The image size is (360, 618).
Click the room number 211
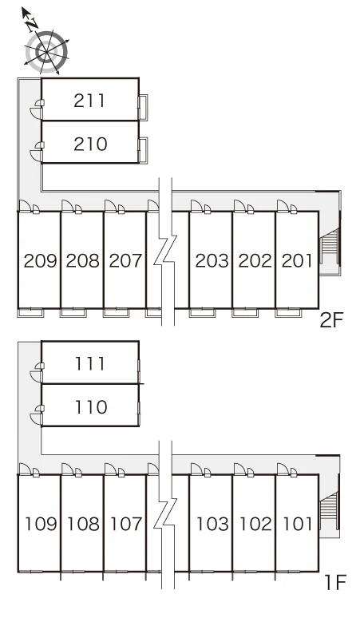pyautogui.click(x=90, y=101)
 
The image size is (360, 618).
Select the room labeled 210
pyautogui.click(x=90, y=144)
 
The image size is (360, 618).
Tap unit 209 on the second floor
pyautogui.click(x=40, y=260)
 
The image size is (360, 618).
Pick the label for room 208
pyautogui.click(x=83, y=260)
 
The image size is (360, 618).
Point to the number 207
pyautogui.click(x=125, y=260)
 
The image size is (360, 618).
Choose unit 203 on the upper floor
pyautogui.click(x=212, y=260)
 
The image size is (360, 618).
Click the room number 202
pyautogui.click(x=255, y=260)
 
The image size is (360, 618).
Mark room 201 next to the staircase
pyautogui.click(x=297, y=260)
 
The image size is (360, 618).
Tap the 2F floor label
pyautogui.click(x=332, y=320)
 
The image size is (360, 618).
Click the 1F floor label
pyautogui.click(x=334, y=583)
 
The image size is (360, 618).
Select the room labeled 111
pyautogui.click(x=90, y=363)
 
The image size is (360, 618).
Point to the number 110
pyautogui.click(x=91, y=406)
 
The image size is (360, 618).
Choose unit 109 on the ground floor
pyautogui.click(x=41, y=524)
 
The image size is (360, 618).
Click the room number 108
pyautogui.click(x=84, y=524)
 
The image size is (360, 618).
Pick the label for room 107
pyautogui.click(x=126, y=524)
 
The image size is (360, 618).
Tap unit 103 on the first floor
pyautogui.click(x=212, y=524)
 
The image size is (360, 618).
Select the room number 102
pyautogui.click(x=255, y=524)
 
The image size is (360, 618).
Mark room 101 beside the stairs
pyautogui.click(x=298, y=524)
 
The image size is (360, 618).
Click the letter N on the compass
pyautogui.click(x=31, y=25)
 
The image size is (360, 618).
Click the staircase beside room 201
pyautogui.click(x=330, y=247)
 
